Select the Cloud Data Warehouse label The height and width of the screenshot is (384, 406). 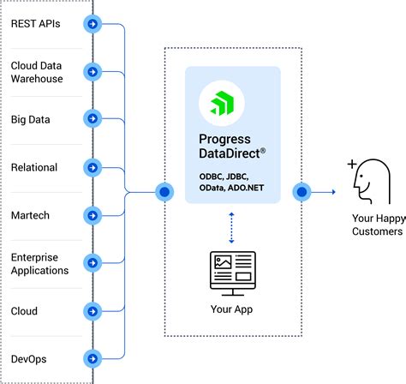(37, 71)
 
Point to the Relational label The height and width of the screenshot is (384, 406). (34, 167)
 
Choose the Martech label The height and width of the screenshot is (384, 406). (31, 215)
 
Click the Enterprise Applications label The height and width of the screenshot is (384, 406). (39, 263)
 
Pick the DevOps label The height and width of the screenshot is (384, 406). (31, 358)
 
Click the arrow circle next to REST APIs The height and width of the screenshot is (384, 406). (92, 24)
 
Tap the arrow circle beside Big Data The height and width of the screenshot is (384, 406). (92, 119)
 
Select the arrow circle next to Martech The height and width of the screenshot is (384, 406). (92, 215)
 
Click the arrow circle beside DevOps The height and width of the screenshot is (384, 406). (92, 358)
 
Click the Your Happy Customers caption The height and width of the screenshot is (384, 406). (376, 225)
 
